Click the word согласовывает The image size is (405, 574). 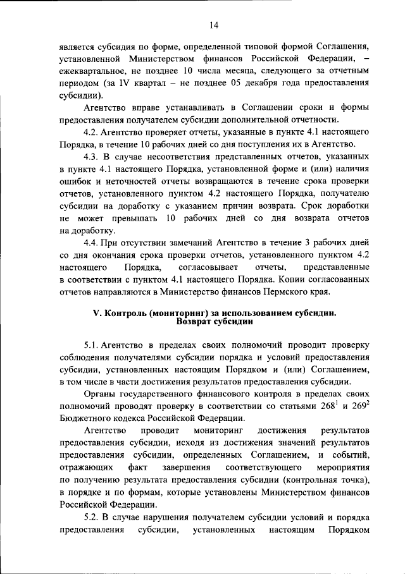click(202, 267)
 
